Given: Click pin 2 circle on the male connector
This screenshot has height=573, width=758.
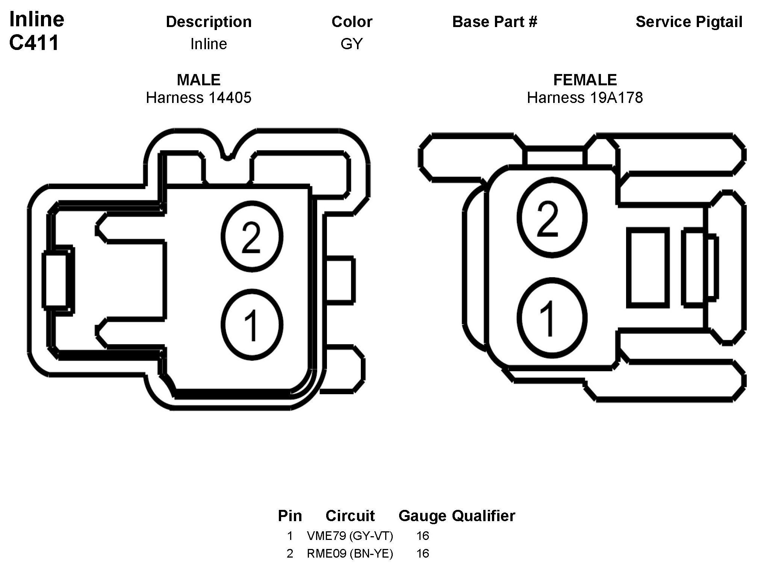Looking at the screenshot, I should (x=251, y=237).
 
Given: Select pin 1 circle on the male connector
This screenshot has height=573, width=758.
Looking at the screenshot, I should (x=251, y=325).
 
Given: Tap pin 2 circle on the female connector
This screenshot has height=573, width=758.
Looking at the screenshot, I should (x=552, y=218).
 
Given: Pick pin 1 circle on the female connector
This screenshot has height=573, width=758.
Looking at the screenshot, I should (x=552, y=318).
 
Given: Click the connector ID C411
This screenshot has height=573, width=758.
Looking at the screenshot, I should (x=34, y=43).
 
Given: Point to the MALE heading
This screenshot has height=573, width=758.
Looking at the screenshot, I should (x=198, y=80).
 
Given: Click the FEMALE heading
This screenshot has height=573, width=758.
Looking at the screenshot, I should (x=585, y=80).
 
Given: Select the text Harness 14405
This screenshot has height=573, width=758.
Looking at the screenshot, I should (x=198, y=98).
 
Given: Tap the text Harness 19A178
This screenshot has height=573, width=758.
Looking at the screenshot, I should (x=585, y=98).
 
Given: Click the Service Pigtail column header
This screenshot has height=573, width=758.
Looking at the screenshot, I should (x=689, y=22).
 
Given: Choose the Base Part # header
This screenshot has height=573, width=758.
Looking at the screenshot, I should (x=495, y=22).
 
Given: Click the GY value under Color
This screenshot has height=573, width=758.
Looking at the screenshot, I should (x=351, y=44).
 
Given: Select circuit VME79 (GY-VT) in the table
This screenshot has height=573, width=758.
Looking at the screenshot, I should (x=350, y=536).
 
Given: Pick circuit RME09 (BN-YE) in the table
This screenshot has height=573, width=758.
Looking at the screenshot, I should (x=350, y=553).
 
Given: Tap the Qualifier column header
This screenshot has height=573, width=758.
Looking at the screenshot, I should (x=483, y=516).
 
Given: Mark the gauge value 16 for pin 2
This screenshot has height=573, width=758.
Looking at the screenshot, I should (x=422, y=553).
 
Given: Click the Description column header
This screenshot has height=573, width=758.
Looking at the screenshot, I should (x=209, y=22).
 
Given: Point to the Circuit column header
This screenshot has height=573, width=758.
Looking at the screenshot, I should (x=350, y=516).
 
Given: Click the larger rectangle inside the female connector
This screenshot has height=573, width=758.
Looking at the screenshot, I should (x=648, y=268).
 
